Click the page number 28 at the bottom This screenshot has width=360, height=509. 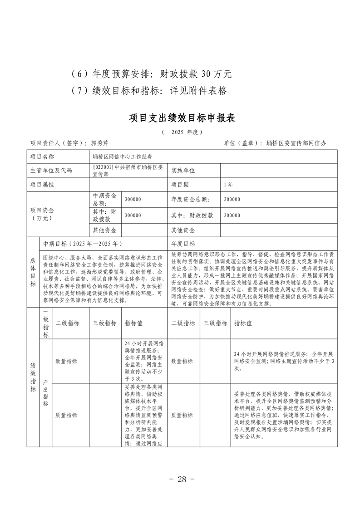181,480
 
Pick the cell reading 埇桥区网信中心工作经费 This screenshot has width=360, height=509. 123,157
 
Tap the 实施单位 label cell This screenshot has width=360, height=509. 183,171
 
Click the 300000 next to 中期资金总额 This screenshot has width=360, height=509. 133,199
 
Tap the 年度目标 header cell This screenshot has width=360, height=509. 183,244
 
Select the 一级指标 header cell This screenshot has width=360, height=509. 46,323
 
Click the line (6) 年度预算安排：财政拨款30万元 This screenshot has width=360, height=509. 152,73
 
